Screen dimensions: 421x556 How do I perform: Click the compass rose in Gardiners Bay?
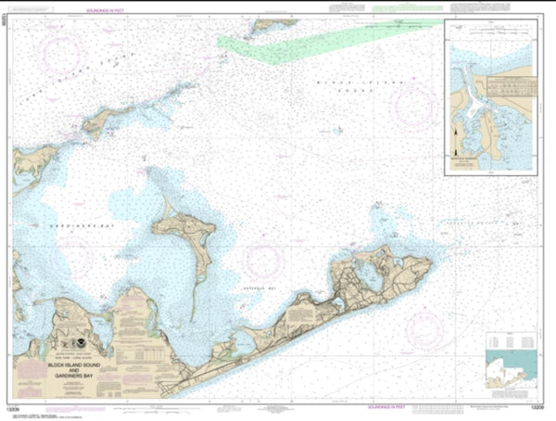pyautogui.click(x=67, y=256)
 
